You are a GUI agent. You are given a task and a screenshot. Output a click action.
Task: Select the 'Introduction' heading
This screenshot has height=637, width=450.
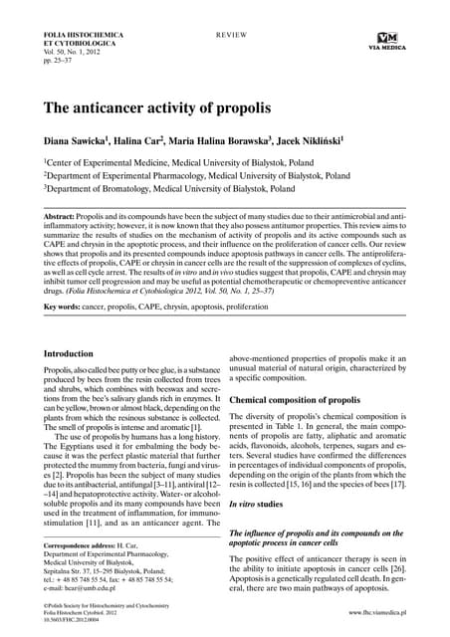pyautogui.click(x=74, y=353)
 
